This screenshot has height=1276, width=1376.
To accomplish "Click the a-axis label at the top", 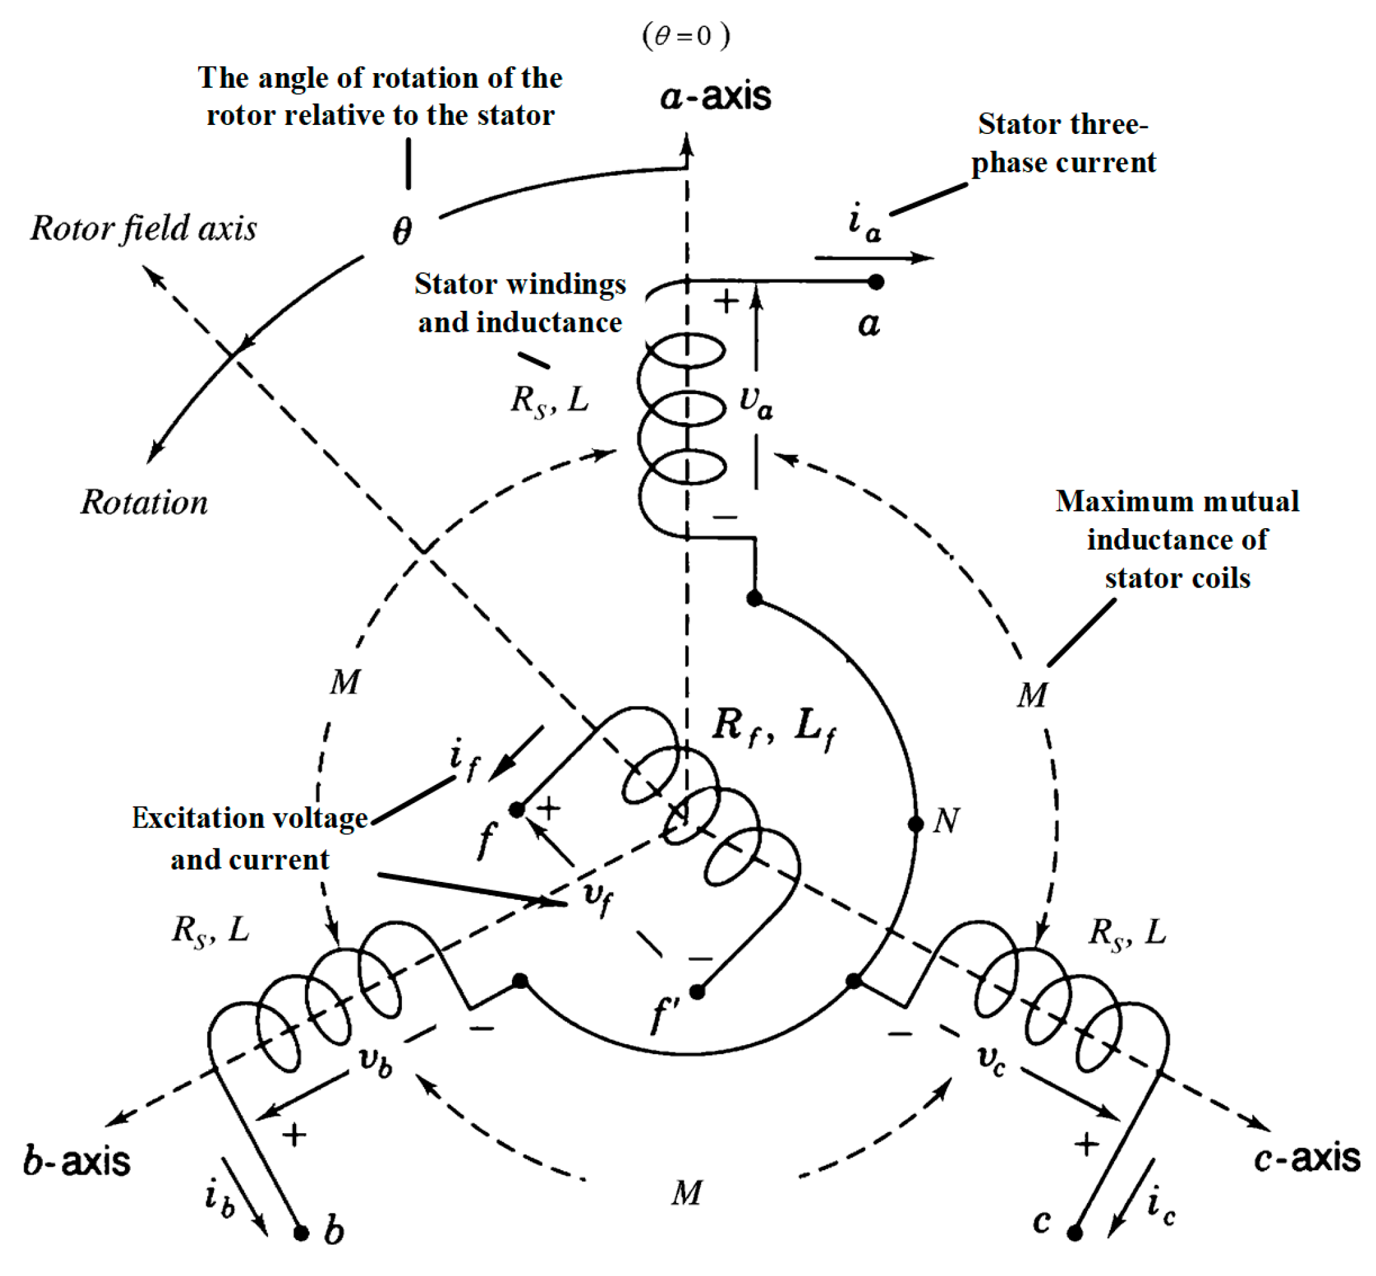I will pyautogui.click(x=715, y=95).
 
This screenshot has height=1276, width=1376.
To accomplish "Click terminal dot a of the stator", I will pyautogui.click(x=875, y=282).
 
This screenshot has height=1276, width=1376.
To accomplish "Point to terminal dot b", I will pyautogui.click(x=301, y=1232).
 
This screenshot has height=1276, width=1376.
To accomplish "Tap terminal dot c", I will pyautogui.click(x=1074, y=1232).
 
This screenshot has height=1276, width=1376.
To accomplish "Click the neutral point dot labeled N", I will pyautogui.click(x=915, y=824).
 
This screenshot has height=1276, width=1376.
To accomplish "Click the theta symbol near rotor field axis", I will pyautogui.click(x=402, y=230).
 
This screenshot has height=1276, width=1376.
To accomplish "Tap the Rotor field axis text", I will pyautogui.click(x=144, y=229).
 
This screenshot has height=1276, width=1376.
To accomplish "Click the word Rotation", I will pyautogui.click(x=144, y=502).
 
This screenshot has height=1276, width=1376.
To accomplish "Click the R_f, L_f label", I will pyautogui.click(x=774, y=728).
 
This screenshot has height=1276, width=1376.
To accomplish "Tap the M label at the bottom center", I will pyautogui.click(x=686, y=1193).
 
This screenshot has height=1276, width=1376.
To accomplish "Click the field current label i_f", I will pyautogui.click(x=463, y=760).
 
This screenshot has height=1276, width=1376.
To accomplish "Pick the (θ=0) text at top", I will pyautogui.click(x=686, y=35).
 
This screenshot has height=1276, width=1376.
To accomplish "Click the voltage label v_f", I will pyautogui.click(x=597, y=897).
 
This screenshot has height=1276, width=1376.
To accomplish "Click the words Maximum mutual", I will pyautogui.click(x=1177, y=501).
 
